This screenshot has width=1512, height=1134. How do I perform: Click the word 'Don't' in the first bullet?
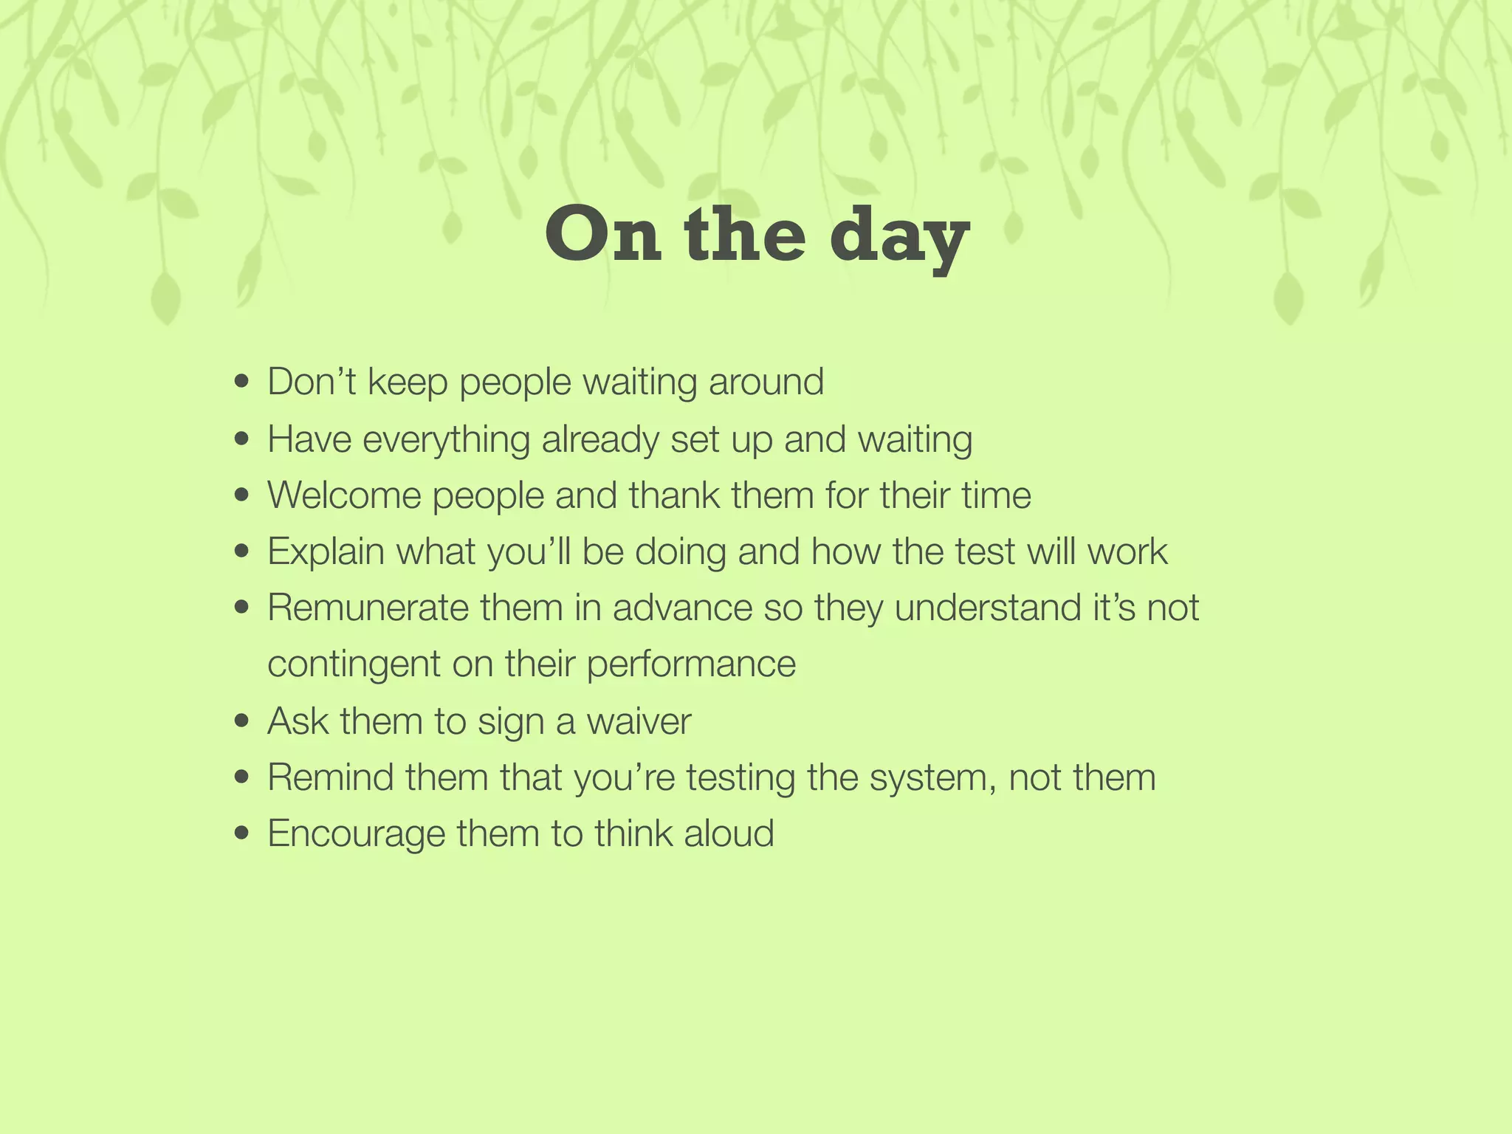[312, 382]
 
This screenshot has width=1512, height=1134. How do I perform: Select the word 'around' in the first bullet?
[766, 382]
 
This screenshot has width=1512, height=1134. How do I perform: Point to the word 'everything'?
[446, 439]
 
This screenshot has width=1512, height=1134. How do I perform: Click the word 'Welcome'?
[343, 495]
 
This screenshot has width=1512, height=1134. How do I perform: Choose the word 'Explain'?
[326, 551]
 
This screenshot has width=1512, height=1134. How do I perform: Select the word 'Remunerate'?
[368, 608]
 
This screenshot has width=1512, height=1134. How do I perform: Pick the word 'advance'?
[682, 608]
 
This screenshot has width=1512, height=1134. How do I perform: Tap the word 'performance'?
[691, 664]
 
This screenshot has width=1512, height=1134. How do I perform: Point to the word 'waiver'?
[639, 721]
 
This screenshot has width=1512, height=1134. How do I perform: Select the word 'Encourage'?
[356, 834]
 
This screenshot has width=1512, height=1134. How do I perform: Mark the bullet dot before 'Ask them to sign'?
[241, 721]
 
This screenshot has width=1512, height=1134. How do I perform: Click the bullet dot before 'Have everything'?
[241, 439]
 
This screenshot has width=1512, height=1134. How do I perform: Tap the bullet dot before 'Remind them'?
[241, 777]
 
